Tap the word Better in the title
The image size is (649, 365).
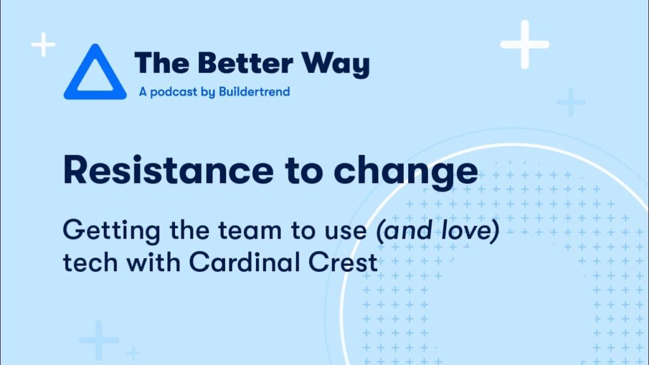[245, 63]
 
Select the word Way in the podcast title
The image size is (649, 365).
[335, 65]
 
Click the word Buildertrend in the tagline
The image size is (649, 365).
[254, 91]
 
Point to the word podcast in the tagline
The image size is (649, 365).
[174, 92]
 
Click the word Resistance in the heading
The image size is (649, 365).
[168, 170]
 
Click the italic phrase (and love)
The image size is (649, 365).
[437, 231]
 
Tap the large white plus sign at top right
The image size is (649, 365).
[525, 44]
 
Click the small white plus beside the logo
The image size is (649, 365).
[44, 44]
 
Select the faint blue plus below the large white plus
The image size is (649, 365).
[571, 102]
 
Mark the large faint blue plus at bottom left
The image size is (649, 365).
[98, 340]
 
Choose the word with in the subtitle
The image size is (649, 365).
[153, 262]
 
